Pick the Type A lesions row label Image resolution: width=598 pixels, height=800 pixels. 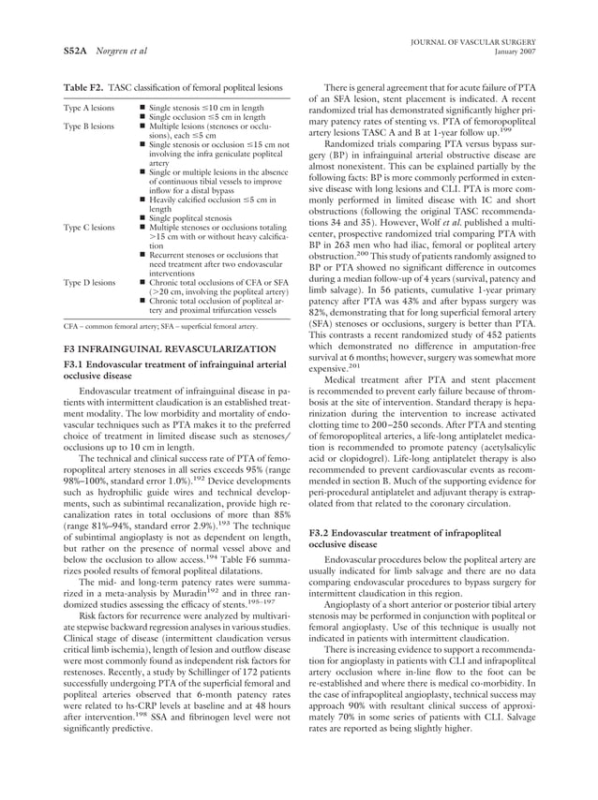click(x=89, y=109)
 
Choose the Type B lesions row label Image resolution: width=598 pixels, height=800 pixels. click(x=89, y=126)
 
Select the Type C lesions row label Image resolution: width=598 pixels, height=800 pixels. click(x=89, y=227)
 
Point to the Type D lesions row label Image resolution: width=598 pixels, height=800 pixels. click(x=89, y=281)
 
